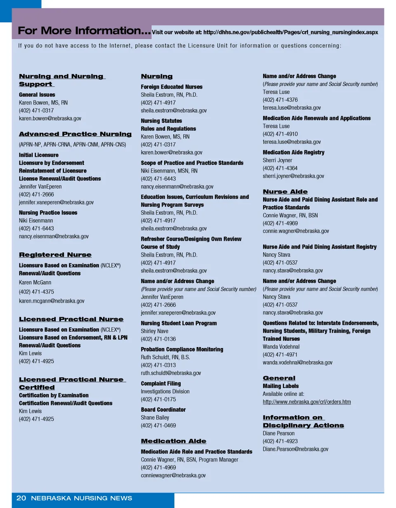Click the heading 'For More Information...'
[x=84, y=31]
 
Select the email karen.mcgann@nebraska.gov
[x=52, y=301]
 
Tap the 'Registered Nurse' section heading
[x=55, y=254]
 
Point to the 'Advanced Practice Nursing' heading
[x=75, y=134]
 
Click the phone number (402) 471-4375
[x=36, y=292]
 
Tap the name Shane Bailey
[x=155, y=417]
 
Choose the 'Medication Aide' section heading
[x=174, y=441]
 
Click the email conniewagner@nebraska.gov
[x=173, y=475]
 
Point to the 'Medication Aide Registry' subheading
[x=293, y=152]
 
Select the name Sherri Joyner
[x=277, y=160]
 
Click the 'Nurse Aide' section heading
[x=285, y=192]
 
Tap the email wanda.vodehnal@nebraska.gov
[x=297, y=362]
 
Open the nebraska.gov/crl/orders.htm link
[x=306, y=402]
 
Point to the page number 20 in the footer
[x=21, y=498]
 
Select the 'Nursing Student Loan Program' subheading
[x=179, y=323]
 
